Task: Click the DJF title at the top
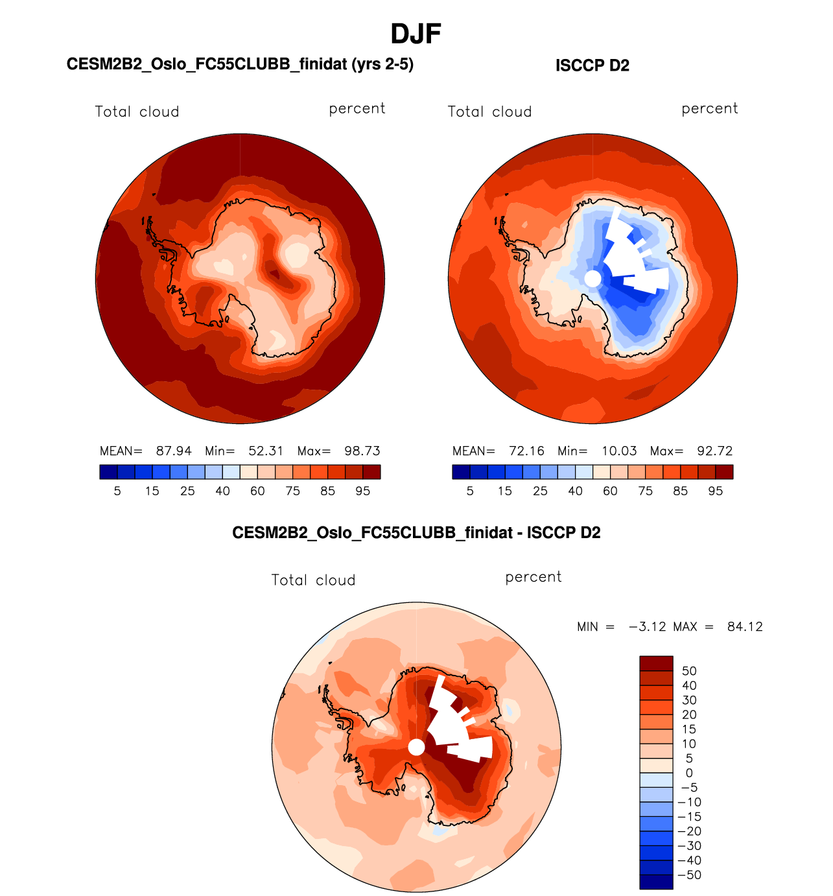click(x=416, y=34)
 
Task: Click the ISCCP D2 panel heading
click(x=592, y=65)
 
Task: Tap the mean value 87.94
click(x=174, y=451)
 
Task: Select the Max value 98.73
click(x=362, y=451)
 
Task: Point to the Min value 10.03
click(x=619, y=451)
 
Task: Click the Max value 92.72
click(x=714, y=451)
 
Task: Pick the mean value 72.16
click(x=526, y=451)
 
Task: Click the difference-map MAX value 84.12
click(x=745, y=626)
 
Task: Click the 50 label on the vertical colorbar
click(x=689, y=671)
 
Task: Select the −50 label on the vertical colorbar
click(x=689, y=875)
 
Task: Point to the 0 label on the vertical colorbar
click(x=689, y=773)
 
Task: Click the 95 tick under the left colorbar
click(x=362, y=491)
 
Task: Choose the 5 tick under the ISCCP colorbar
click(x=470, y=491)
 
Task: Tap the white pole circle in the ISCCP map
click(x=592, y=279)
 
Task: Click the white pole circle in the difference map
click(x=416, y=748)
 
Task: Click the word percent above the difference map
click(x=533, y=577)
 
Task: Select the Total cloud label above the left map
click(x=137, y=112)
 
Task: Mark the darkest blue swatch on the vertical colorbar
click(x=656, y=882)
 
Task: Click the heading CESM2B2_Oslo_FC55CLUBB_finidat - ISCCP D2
click(x=416, y=533)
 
